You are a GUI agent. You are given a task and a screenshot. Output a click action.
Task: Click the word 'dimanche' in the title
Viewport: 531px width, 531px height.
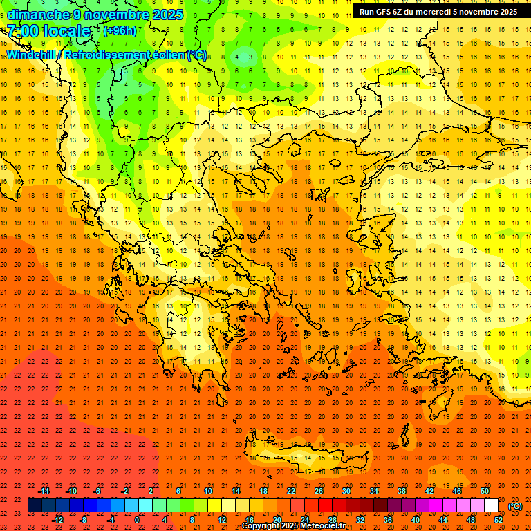click(37, 15)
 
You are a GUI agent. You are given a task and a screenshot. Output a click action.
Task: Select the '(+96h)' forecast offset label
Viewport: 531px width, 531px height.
click(120, 31)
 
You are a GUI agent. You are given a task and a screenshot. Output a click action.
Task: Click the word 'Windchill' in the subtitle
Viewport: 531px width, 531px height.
click(32, 55)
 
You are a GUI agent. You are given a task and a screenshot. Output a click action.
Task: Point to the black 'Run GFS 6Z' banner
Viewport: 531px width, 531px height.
click(438, 12)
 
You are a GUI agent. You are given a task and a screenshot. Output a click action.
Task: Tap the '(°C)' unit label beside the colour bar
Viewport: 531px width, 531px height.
click(515, 506)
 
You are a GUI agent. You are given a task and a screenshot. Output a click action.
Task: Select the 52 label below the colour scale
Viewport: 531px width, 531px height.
click(499, 520)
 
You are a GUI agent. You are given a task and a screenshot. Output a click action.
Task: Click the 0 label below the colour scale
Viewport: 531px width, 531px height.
click(137, 520)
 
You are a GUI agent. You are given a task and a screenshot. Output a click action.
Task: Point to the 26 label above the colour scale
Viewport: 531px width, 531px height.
click(319, 491)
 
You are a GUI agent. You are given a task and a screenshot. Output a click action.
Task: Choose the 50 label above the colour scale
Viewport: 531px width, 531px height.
click(485, 491)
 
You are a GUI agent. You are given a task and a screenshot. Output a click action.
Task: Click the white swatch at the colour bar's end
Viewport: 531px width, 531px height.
click(492, 505)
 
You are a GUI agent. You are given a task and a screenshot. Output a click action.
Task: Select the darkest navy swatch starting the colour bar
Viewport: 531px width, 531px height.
click(35, 505)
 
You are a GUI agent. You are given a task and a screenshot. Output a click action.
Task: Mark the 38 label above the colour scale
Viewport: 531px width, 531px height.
click(402, 491)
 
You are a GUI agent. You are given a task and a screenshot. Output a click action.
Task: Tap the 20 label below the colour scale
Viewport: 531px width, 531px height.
click(277, 520)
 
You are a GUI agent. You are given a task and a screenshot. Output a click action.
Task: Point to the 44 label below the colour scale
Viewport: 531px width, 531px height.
click(443, 520)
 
